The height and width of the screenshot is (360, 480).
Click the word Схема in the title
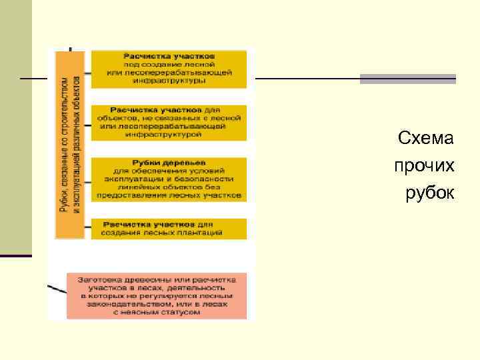click(x=425, y=139)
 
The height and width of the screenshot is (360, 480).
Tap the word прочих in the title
click(x=424, y=165)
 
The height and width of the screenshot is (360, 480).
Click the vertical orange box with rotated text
click(x=69, y=144)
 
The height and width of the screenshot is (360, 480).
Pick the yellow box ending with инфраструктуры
click(x=168, y=69)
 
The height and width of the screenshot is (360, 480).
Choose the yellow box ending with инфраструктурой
click(x=168, y=122)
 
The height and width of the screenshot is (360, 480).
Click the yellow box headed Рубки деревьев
click(x=168, y=179)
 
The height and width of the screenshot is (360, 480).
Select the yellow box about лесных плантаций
click(x=168, y=229)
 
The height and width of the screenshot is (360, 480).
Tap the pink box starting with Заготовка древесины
click(x=156, y=295)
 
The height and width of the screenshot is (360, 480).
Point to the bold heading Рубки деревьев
click(x=169, y=163)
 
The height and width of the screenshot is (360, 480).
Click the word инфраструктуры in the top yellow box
click(x=169, y=80)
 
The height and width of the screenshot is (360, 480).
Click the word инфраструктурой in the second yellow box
click(x=169, y=134)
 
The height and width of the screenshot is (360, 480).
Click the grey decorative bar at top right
click(x=407, y=79)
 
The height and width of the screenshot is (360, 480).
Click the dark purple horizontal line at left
click(x=16, y=255)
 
